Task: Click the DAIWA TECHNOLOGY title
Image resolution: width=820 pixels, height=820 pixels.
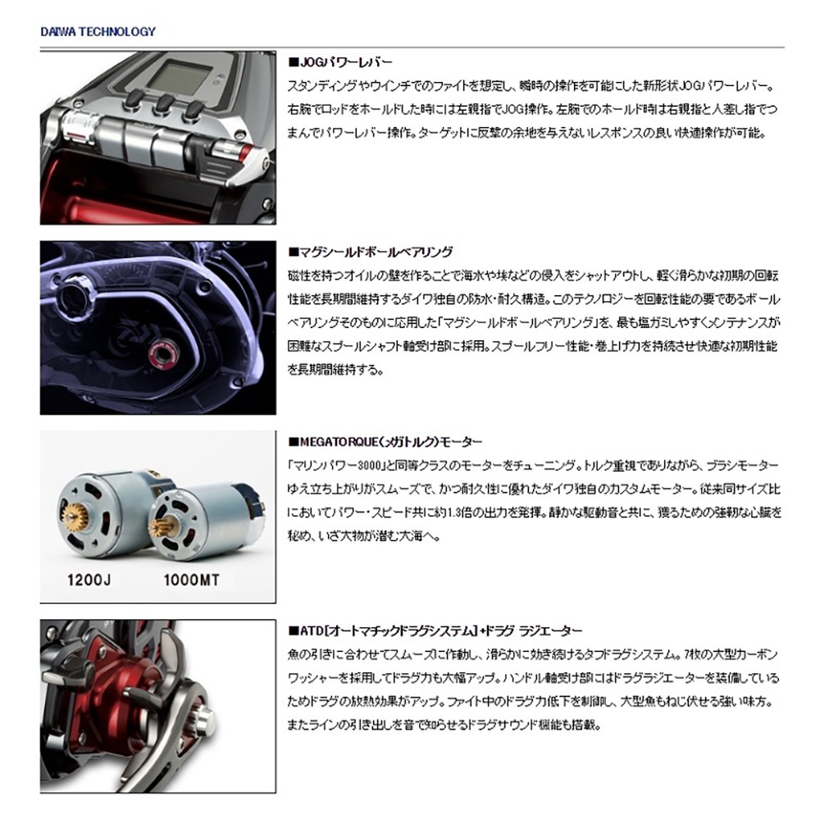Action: pyautogui.click(x=98, y=32)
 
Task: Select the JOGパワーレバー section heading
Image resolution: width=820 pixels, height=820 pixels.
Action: pyautogui.click(x=341, y=62)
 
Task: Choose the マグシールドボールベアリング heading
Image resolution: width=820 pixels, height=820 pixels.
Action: pyautogui.click(x=371, y=252)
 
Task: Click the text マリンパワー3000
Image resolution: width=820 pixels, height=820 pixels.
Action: pyautogui.click(x=335, y=465)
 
